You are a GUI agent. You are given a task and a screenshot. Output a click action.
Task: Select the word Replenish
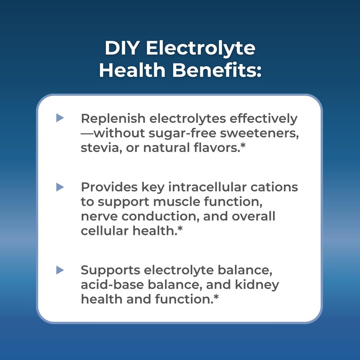point(112,119)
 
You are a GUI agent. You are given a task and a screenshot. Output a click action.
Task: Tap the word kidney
point(257,285)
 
